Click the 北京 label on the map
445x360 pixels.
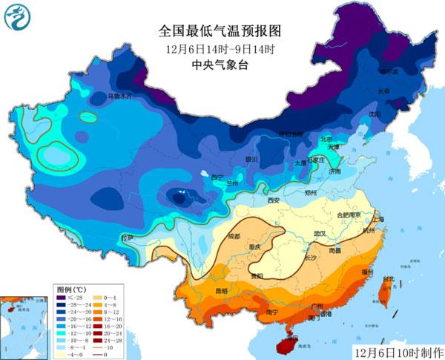pyautogui.click(x=326, y=139)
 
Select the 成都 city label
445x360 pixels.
pyautogui.click(x=234, y=236)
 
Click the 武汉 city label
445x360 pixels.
pyautogui.click(x=320, y=233)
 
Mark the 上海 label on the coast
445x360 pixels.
pyautogui.click(x=378, y=220)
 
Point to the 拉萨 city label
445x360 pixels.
pyautogui.click(x=127, y=238)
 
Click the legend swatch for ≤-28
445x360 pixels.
pyautogui.click(x=65, y=296)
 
